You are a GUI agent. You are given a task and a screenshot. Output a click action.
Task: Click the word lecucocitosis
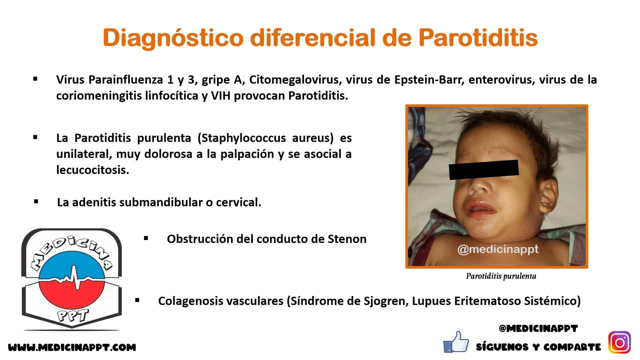click(x=93, y=170)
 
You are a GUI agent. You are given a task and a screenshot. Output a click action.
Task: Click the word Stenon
click(x=347, y=239)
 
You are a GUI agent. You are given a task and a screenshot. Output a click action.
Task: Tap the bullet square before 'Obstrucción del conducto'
click(x=146, y=238)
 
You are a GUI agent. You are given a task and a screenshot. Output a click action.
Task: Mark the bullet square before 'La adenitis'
click(x=36, y=202)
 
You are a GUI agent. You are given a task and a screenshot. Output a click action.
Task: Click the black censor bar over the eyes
click(x=484, y=170)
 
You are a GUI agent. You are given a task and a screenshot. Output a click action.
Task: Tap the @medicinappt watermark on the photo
click(x=498, y=249)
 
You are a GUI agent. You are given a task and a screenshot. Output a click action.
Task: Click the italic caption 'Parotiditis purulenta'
click(x=501, y=276)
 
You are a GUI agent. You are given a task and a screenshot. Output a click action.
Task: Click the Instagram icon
click(x=620, y=342)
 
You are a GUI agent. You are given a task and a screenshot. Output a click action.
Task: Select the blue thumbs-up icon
click(x=456, y=342)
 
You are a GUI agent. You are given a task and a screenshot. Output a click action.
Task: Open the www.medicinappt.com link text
click(x=72, y=348)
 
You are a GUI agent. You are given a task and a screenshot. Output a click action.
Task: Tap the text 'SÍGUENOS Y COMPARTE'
click(x=538, y=347)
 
